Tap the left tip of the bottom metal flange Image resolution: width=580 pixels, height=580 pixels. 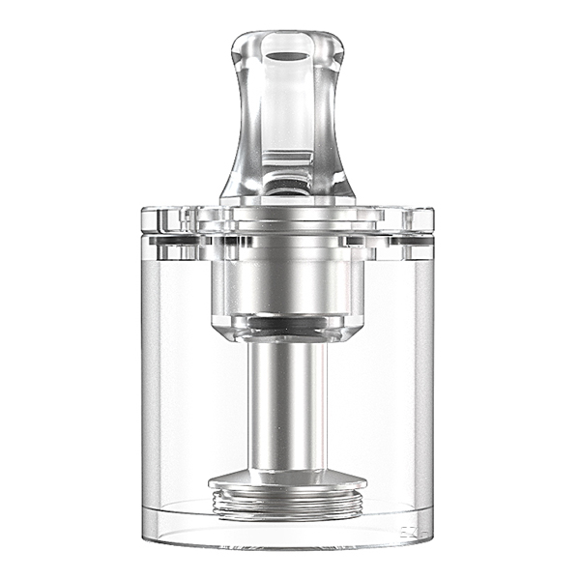[213, 481]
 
